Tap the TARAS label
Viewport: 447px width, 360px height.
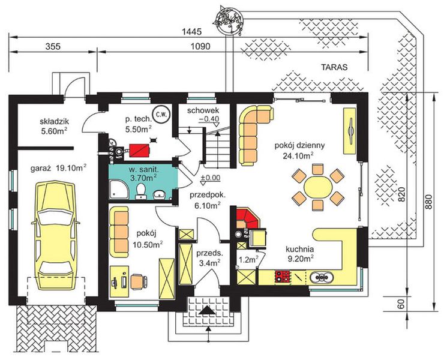coord(334,67)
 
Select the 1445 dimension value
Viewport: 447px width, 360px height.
coord(191,32)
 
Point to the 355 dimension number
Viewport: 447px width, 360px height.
coord(53,46)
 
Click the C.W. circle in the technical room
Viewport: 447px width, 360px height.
coord(162,115)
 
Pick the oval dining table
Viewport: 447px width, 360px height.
coord(318,187)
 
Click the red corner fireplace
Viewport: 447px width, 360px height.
coord(247,218)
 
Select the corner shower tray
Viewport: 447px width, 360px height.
coord(119,189)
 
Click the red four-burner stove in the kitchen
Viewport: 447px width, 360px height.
coord(283,277)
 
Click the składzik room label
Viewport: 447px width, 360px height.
coord(54,122)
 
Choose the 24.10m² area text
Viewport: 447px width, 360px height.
coord(298,155)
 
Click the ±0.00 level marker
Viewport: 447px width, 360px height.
coord(210,178)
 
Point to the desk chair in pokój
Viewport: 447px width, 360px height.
coord(139,281)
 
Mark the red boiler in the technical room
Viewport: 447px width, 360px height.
coord(139,150)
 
